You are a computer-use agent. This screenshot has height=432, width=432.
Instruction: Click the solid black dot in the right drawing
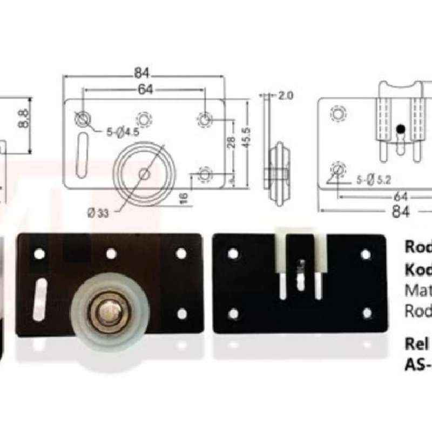pyautogui.click(x=400, y=129)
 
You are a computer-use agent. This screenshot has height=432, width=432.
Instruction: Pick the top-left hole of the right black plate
pyautogui.click(x=233, y=253)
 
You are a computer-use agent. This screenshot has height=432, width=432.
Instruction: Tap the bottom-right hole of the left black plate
pyautogui.click(x=182, y=314)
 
